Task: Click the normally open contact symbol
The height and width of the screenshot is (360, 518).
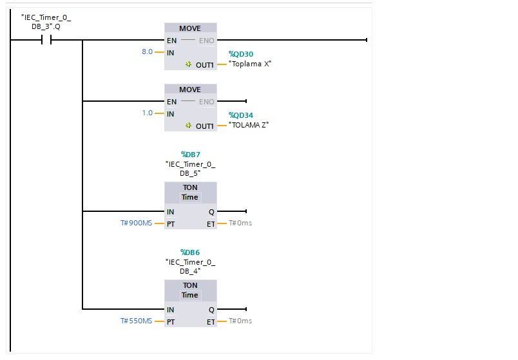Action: (x=46, y=40)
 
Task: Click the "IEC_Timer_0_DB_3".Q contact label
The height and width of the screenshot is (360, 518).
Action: (x=46, y=21)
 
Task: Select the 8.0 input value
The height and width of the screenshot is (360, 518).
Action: (x=147, y=52)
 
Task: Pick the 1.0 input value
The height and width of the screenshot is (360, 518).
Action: (x=147, y=113)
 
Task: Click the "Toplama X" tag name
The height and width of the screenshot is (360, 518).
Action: (x=250, y=64)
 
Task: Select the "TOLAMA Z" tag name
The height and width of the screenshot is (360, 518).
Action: (x=249, y=125)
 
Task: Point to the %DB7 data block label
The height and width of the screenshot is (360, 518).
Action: (x=190, y=155)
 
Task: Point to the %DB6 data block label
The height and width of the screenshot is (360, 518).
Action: (x=190, y=252)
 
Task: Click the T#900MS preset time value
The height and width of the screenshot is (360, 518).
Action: (x=136, y=223)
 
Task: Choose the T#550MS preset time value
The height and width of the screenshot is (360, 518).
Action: (x=136, y=321)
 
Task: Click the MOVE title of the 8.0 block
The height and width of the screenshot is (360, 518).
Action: (x=190, y=28)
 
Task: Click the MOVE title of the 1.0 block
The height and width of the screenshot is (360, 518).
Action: (x=190, y=90)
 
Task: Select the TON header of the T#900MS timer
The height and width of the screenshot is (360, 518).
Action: (x=190, y=188)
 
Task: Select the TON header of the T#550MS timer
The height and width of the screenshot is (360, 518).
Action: (x=190, y=286)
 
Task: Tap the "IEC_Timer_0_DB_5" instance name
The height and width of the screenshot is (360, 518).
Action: (x=190, y=168)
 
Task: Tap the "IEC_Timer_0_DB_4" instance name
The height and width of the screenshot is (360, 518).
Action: (x=190, y=266)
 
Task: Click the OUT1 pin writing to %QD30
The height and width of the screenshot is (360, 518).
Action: (x=204, y=64)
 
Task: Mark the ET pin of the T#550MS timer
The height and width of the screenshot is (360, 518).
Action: (x=211, y=321)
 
